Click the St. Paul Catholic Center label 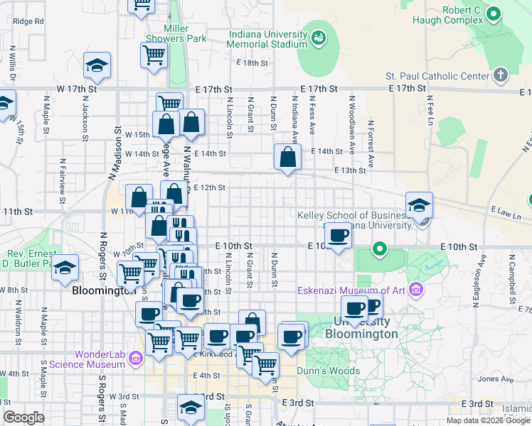coord(437,76)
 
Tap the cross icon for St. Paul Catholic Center coord(501,75)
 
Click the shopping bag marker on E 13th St coord(287,158)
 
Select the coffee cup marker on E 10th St coord(338,236)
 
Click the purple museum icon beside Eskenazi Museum coord(415,289)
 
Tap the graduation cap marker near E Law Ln coord(419,206)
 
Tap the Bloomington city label coord(104,290)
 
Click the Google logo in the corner coord(23,417)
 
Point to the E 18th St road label coord(255,62)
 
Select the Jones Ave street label coord(491,379)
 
